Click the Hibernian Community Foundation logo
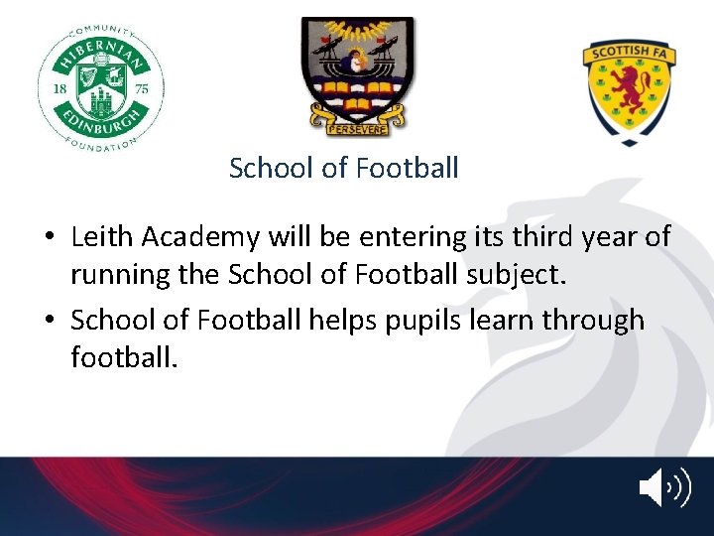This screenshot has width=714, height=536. pos(101,84)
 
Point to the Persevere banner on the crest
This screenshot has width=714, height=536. pos(357,126)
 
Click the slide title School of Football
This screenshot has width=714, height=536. pos(343,168)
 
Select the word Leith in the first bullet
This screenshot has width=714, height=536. pos(103,237)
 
